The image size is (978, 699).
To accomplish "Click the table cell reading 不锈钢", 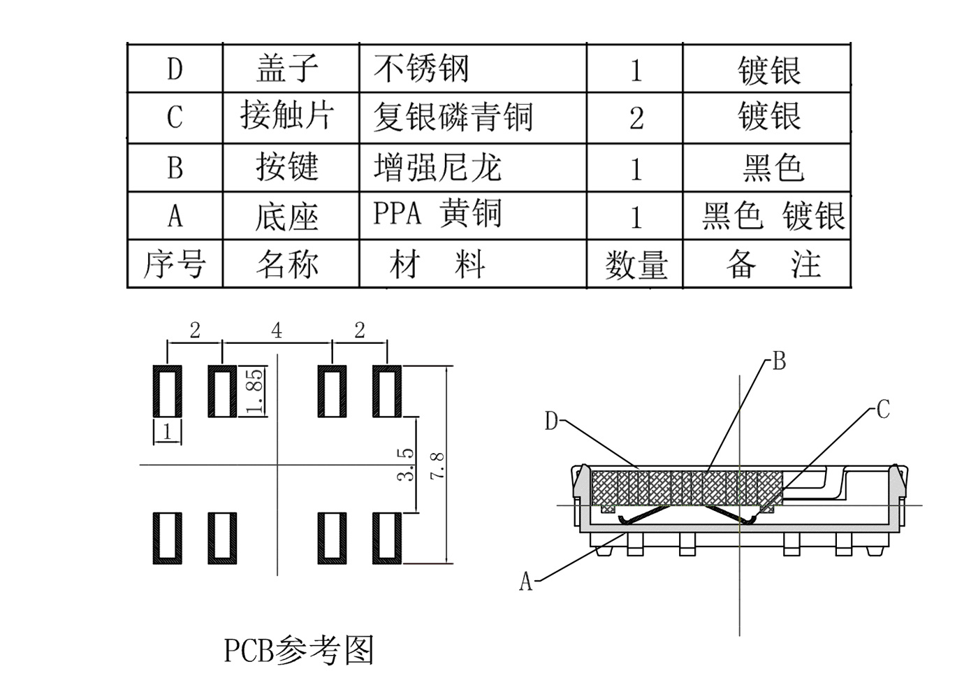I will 421,69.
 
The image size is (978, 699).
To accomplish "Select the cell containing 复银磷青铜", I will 453,117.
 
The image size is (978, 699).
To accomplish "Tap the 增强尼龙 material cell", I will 437,167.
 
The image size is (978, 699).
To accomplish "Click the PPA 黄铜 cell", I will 437,213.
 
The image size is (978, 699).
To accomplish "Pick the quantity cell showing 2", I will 636,118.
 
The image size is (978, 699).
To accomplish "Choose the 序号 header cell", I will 175,264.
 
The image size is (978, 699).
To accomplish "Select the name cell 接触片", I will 287,115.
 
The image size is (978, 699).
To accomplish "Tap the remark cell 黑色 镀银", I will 773,216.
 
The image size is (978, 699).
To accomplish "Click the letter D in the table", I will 175,69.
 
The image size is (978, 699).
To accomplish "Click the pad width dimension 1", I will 167,432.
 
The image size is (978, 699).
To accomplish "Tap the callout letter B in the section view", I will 779,361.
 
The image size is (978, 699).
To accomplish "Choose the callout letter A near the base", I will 526,581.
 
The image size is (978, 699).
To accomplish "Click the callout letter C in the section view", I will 883,409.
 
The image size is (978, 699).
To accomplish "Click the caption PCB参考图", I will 299,649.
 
